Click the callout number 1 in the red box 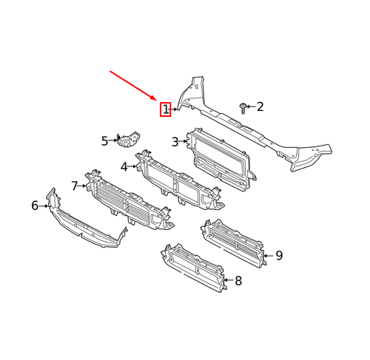coord(166,110)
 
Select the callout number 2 coord(260,107)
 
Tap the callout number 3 coord(175,142)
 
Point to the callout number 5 coord(105,139)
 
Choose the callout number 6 coord(34,206)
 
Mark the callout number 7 coord(75,185)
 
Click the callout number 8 coord(238,280)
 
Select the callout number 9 coord(279,256)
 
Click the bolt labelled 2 coord(243,107)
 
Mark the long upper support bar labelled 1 coord(252,133)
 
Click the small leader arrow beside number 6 coord(44,206)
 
